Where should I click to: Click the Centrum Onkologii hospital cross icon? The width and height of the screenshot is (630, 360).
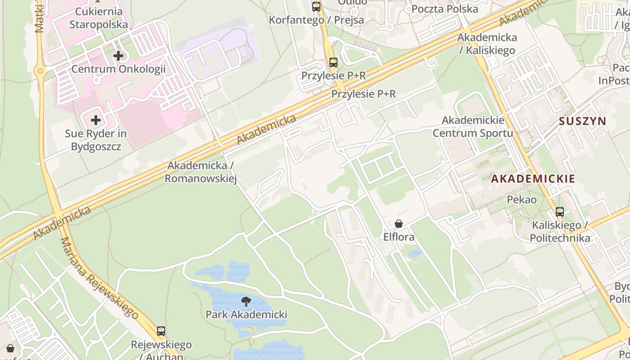(118, 56)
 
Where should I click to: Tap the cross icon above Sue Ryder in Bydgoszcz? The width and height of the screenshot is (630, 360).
(96, 120)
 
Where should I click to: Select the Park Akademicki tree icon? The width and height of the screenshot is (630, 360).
(246, 301)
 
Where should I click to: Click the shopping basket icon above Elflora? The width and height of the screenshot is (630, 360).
(398, 224)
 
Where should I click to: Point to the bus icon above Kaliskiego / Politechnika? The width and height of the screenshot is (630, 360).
(560, 212)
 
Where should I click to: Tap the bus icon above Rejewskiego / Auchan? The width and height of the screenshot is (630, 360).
(161, 331)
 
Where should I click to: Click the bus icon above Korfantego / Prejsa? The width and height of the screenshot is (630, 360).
(316, 7)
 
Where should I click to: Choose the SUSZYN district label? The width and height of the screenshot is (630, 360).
(583, 121)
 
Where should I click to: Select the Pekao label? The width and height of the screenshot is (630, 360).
(522, 199)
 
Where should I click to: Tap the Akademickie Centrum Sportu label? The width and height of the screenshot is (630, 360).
(473, 127)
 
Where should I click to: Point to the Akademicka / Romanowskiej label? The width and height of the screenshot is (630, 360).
(201, 172)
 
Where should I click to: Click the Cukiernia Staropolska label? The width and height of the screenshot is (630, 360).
(99, 18)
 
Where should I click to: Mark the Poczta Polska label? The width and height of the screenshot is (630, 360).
(445, 9)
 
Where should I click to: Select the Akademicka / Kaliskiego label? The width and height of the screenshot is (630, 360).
(487, 44)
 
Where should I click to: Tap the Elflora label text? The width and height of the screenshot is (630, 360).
(399, 237)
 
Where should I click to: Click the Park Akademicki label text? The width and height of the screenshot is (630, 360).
(246, 314)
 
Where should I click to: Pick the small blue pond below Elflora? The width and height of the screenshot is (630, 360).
(415, 253)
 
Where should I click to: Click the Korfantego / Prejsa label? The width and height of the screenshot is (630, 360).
(316, 20)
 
